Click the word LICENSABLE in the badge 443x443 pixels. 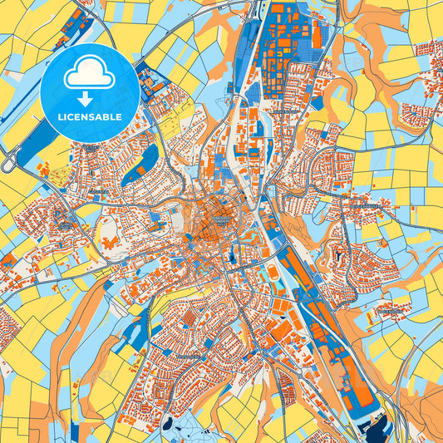[x=90, y=116]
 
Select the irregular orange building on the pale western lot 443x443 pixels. [x=110, y=243]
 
